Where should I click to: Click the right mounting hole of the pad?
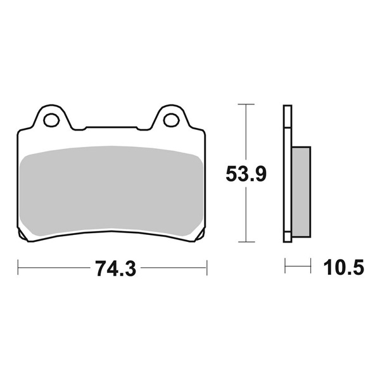(x=170, y=119)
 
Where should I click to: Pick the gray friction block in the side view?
(x=301, y=191)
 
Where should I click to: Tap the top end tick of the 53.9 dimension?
(x=246, y=103)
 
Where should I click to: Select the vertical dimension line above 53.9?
(x=246, y=133)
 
